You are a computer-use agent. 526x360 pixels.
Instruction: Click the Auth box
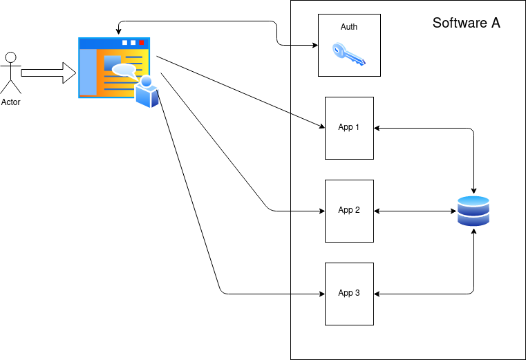pos(349,45)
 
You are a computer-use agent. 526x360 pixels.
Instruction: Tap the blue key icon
pos(348,55)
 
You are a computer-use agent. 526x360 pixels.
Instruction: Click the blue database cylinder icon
pos(473,211)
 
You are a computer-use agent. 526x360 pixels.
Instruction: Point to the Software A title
pos(466,23)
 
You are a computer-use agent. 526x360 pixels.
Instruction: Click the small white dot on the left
pos(10,57)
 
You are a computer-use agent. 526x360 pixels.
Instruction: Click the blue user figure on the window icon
pos(147,93)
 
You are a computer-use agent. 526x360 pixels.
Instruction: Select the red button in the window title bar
pos(142,43)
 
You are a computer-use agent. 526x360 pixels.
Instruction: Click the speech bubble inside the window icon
pos(124,70)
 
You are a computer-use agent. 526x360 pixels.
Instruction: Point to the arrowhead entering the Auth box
pos(314,46)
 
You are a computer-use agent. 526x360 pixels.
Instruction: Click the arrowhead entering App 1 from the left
pos(321,126)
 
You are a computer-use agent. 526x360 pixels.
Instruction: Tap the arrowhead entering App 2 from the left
pos(321,211)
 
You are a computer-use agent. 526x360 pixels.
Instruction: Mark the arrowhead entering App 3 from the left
pos(321,294)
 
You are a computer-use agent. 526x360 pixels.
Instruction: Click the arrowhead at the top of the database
pos(473,190)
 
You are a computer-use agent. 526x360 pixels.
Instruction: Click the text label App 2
pos(349,210)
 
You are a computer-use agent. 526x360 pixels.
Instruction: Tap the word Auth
pos(349,27)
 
